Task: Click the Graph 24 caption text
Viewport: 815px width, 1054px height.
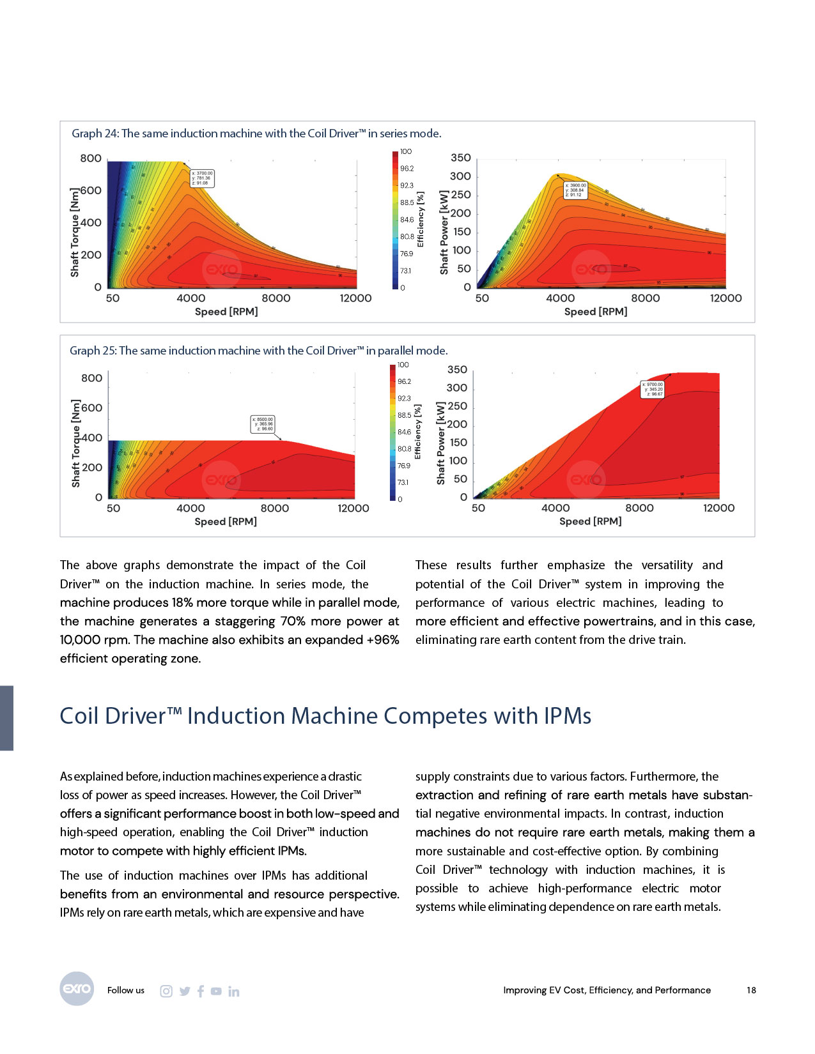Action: coord(256,134)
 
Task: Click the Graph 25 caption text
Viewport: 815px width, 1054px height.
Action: coord(258,351)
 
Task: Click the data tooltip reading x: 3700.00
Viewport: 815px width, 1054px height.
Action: coord(202,178)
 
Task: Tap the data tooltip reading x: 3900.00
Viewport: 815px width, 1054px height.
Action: coord(575,190)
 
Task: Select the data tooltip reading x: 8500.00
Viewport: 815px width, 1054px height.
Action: coord(263,424)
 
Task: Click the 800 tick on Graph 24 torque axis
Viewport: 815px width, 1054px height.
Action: coord(91,158)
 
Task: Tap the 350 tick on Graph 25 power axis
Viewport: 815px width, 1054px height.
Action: coord(456,370)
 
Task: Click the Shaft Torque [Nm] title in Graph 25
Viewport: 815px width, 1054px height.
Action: coord(76,443)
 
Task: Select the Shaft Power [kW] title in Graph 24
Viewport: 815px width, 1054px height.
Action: coord(444,233)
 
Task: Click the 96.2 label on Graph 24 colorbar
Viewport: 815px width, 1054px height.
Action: coord(407,169)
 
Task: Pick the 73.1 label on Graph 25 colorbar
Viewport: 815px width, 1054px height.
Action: coord(403,482)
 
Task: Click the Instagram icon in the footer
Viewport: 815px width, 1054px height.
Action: coord(166,991)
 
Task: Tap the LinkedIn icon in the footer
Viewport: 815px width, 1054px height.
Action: coord(234,991)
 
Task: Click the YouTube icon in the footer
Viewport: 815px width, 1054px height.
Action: coord(216,991)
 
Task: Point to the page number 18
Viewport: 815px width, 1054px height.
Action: coord(751,990)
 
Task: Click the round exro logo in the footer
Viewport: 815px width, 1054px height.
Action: coord(77,989)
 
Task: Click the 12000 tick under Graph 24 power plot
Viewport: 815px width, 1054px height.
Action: coord(726,298)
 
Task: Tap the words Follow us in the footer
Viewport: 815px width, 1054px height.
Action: coord(126,990)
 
